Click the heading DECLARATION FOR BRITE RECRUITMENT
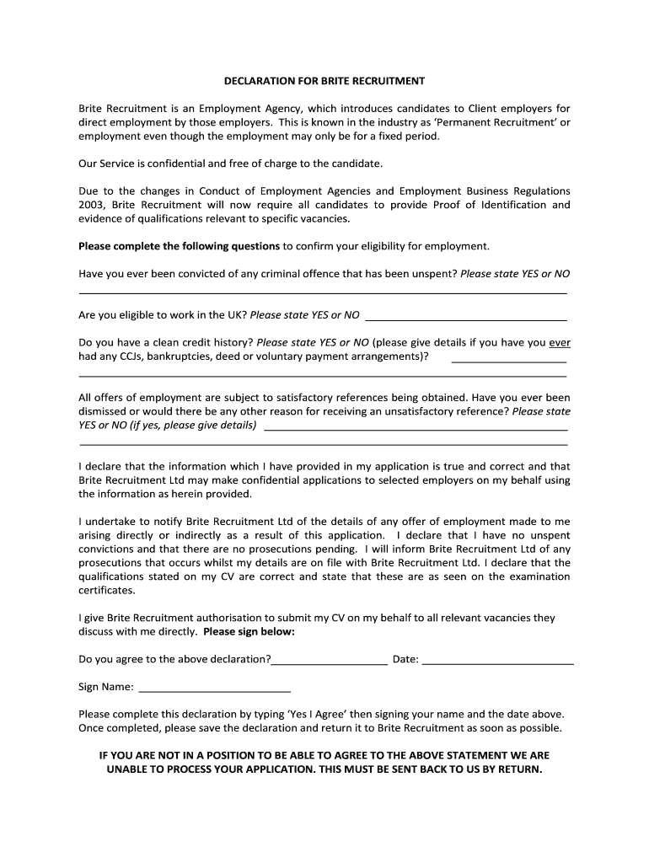[x=324, y=82]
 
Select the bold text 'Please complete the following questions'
[x=179, y=246]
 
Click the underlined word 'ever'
[x=560, y=343]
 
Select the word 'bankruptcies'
[x=180, y=356]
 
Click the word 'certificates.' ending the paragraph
[x=106, y=590]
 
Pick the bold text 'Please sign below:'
[x=249, y=631]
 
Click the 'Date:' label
[x=405, y=659]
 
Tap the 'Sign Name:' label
[x=105, y=687]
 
